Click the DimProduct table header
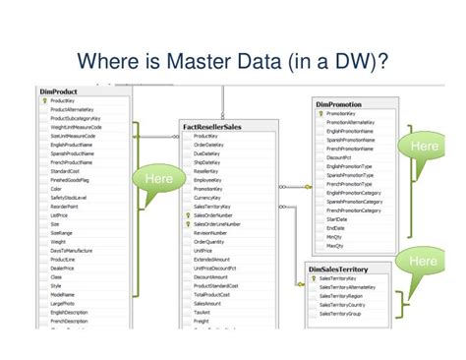pyautogui.click(x=60, y=90)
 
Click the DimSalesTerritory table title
pyautogui.click(x=343, y=268)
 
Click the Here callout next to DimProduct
pyautogui.click(x=158, y=179)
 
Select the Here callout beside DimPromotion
pyautogui.click(x=424, y=147)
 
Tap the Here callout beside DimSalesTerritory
pyautogui.click(x=423, y=261)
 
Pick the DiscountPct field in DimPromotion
pyautogui.click(x=340, y=156)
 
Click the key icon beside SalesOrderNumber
pyautogui.click(x=187, y=213)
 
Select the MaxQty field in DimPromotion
pyautogui.click(x=334, y=245)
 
